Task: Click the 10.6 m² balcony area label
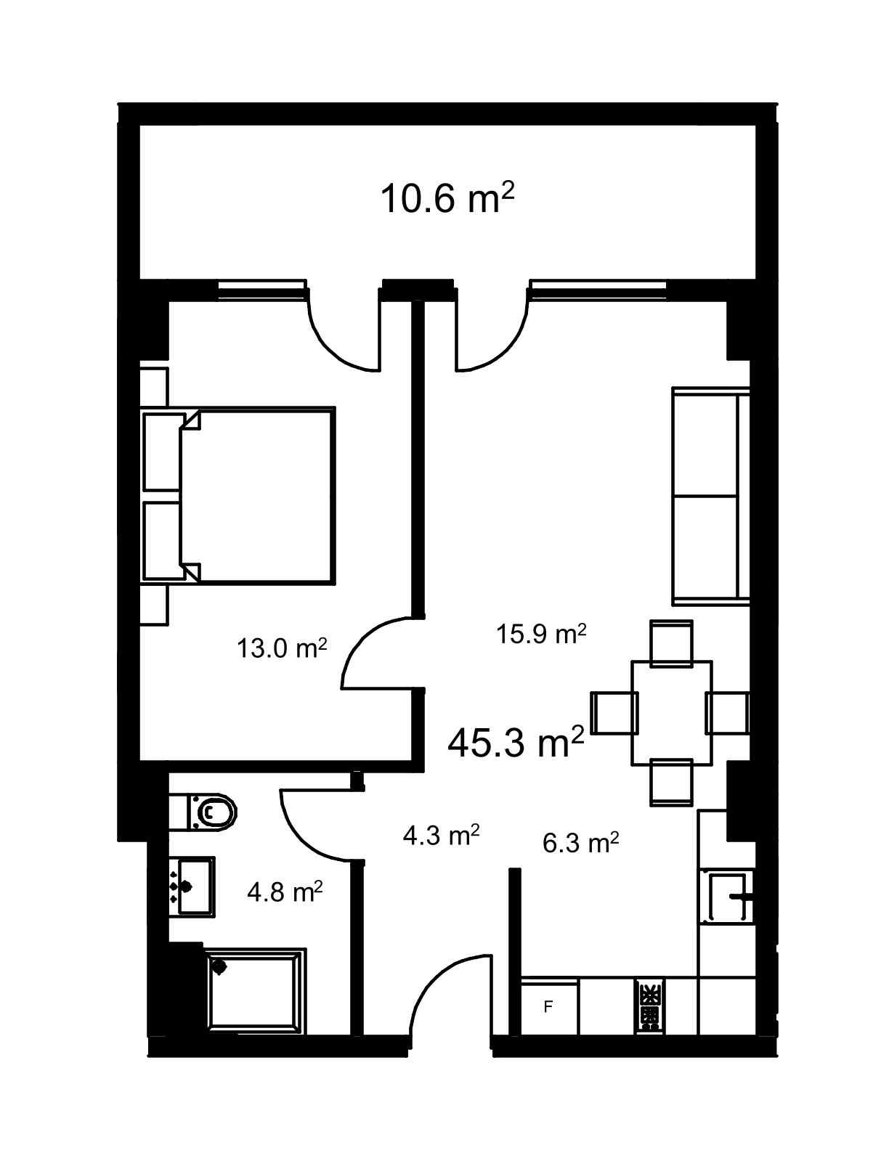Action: pyautogui.click(x=447, y=197)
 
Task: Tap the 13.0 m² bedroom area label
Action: pyautogui.click(x=282, y=648)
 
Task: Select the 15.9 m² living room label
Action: pyautogui.click(x=541, y=633)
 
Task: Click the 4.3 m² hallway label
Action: pyautogui.click(x=442, y=836)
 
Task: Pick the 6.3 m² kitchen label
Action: pyautogui.click(x=581, y=842)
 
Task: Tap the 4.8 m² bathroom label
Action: pyautogui.click(x=285, y=892)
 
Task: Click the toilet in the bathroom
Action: pyautogui.click(x=203, y=811)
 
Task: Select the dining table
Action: pyautogui.click(x=671, y=712)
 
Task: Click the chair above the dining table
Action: pyautogui.click(x=671, y=643)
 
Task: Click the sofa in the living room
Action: pyautogui.click(x=710, y=496)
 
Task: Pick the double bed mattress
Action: pyautogui.click(x=259, y=495)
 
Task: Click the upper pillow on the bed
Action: pyautogui.click(x=163, y=452)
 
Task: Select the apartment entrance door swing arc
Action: pyautogui.click(x=437, y=984)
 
